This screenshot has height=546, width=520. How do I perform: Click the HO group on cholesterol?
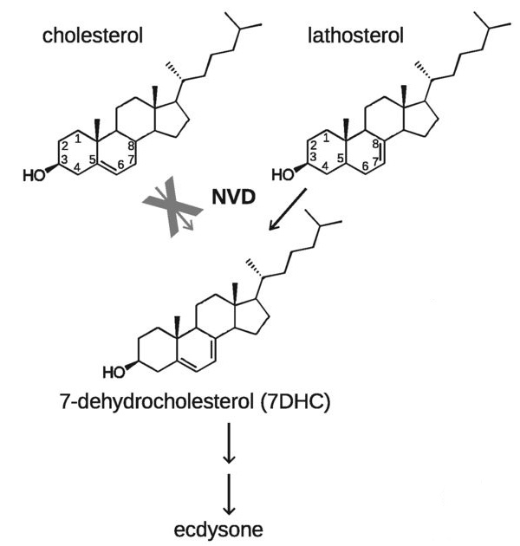[x=33, y=176]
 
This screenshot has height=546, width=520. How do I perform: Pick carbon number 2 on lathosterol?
[x=312, y=144]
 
